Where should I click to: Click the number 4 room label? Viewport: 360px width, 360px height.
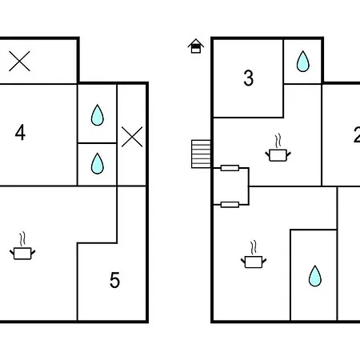[20, 132]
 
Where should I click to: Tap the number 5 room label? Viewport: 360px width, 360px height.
[115, 280]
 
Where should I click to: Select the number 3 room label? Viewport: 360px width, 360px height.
[249, 78]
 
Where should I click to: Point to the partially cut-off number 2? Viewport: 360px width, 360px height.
[357, 134]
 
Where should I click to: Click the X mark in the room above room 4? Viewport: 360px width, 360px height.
[19, 62]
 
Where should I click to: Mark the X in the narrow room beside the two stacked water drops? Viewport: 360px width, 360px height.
[132, 137]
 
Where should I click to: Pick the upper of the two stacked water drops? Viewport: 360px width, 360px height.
[98, 115]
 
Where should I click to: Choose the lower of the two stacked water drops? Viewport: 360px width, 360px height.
[98, 163]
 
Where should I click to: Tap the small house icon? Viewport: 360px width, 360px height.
[196, 46]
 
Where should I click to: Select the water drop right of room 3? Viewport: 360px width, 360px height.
[303, 62]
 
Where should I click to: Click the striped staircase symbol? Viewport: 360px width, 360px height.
[201, 154]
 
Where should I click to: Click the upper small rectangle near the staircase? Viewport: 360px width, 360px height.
[230, 168]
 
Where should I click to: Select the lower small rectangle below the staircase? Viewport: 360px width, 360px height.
[230, 205]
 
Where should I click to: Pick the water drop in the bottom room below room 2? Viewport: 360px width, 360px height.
[315, 276]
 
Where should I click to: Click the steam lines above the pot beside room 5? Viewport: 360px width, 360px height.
[22, 239]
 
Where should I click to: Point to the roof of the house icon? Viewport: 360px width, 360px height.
[196, 42]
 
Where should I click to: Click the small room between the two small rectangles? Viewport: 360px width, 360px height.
[231, 186]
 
